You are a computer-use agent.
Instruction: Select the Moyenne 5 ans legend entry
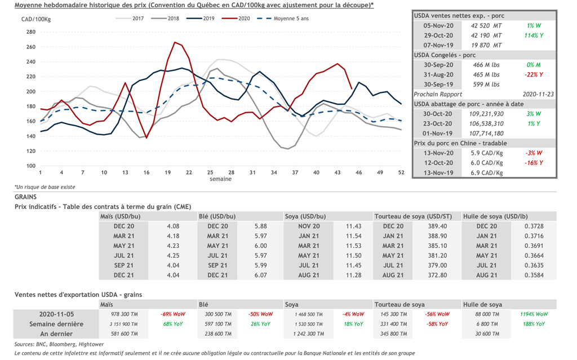tap(290, 19)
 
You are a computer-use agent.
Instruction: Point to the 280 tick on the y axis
tap(30, 32)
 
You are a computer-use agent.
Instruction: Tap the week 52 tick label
tap(401, 172)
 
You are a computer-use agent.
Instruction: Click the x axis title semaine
tap(220, 179)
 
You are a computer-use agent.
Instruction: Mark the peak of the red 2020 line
tap(175, 42)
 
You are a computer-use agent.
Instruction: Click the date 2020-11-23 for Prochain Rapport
tap(538, 94)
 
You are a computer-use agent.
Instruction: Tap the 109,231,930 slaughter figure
tap(486, 113)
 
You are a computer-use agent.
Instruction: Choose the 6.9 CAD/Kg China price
tap(486, 172)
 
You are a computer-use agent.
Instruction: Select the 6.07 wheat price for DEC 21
tap(260, 275)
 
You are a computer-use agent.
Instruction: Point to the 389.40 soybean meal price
tap(437, 226)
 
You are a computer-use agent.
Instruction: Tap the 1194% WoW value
tap(534, 314)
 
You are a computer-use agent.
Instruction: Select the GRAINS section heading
tap(25, 197)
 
